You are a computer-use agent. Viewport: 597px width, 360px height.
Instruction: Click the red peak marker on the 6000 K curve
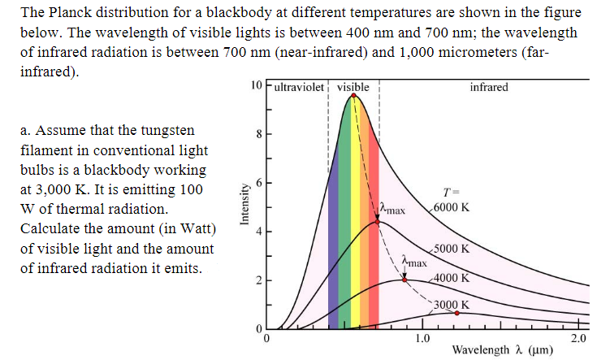(x=353, y=95)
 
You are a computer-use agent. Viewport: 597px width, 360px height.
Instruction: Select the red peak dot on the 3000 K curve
(x=456, y=312)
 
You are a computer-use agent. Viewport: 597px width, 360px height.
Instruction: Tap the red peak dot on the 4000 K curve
(x=404, y=280)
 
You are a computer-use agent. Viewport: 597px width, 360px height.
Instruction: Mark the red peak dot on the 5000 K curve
(x=376, y=221)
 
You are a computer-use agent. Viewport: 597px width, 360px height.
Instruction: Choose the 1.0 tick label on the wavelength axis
(x=422, y=338)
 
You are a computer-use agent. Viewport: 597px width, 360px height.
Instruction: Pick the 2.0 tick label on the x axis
(x=578, y=338)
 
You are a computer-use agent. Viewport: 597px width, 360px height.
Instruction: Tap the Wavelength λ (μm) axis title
(x=503, y=350)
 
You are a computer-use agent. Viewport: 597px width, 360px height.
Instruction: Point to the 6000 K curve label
(x=451, y=206)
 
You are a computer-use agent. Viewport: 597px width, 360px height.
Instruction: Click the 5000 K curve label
(x=451, y=249)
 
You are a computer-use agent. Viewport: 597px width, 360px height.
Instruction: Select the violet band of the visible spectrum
(x=332, y=244)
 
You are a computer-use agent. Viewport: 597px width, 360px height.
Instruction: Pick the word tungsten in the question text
(x=168, y=131)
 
